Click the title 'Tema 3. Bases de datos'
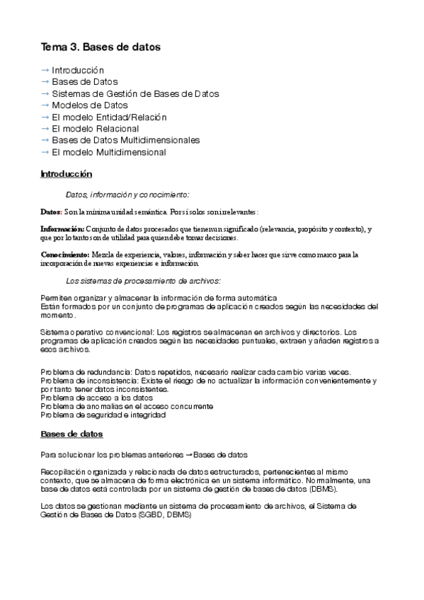[101, 47]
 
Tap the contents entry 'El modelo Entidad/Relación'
[109, 117]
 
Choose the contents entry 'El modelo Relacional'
[96, 129]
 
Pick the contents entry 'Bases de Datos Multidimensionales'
[126, 140]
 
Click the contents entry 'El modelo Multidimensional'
[109, 152]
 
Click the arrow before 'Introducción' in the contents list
[45, 71]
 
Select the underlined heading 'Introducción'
[67, 174]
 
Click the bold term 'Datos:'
[51, 212]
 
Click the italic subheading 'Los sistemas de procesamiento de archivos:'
[143, 281]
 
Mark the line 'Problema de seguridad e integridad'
[103, 415]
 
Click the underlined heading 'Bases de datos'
[71, 433]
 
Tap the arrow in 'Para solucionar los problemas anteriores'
[188, 454]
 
